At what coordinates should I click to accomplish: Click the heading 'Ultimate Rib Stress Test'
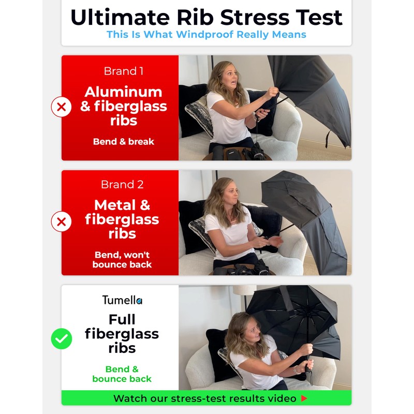(206, 18)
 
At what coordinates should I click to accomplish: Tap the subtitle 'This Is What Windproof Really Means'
(206, 35)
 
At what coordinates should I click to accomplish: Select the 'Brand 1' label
(124, 71)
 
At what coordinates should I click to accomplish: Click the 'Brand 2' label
(122, 184)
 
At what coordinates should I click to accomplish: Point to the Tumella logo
(122, 300)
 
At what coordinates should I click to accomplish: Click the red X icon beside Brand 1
(61, 107)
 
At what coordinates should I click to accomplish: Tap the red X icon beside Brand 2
(61, 222)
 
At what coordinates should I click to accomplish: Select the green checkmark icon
(61, 339)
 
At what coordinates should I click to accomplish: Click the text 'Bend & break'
(124, 142)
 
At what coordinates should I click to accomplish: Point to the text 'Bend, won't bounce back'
(122, 260)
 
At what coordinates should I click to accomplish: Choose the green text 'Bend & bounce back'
(122, 374)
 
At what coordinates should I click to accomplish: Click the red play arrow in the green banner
(304, 398)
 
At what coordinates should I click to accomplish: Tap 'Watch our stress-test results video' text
(205, 398)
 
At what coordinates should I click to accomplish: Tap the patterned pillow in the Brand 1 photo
(200, 117)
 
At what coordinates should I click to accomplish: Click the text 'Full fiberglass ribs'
(122, 334)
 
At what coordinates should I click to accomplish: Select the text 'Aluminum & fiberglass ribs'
(124, 106)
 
